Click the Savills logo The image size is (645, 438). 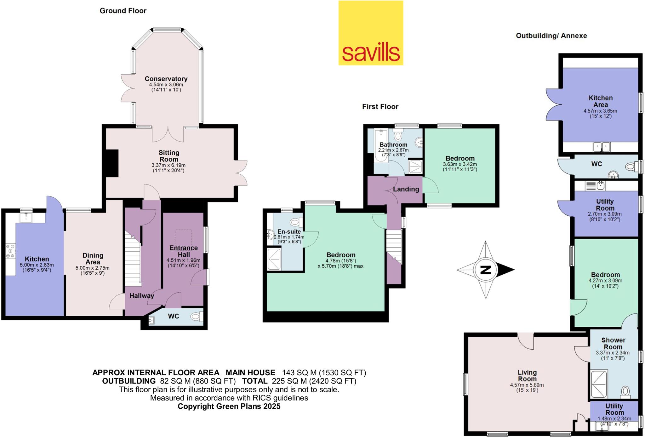point(371,33)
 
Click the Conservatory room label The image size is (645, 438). point(166,79)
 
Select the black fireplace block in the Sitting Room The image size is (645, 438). point(111,163)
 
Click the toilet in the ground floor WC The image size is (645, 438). point(197,316)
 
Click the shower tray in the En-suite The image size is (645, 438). point(274,259)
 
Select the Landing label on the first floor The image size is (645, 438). point(406,189)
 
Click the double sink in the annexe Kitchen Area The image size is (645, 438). point(602,147)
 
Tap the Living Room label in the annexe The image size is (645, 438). point(527,376)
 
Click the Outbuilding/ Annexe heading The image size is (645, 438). point(551,36)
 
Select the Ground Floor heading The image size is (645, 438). point(123,11)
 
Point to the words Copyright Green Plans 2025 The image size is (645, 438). point(229,406)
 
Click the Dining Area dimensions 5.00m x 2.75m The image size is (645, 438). point(92,268)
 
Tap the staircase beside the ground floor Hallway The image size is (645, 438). point(132,259)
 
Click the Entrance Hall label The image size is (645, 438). point(184,251)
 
